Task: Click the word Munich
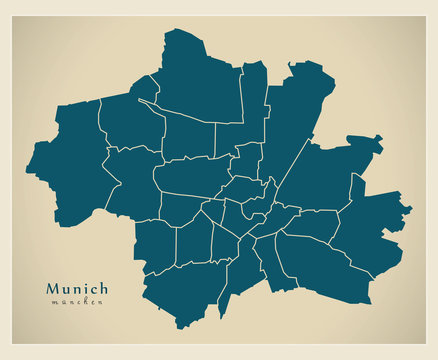(77, 288)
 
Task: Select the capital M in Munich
(52, 288)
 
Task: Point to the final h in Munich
(103, 288)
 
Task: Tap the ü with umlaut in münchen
(60, 302)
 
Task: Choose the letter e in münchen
(90, 302)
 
